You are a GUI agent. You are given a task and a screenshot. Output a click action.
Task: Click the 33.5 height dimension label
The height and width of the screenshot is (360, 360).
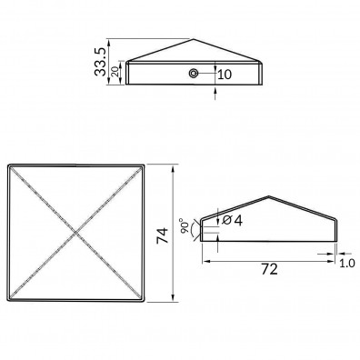click(100, 62)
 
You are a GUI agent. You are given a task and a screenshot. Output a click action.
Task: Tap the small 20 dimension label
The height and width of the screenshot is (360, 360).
click(115, 72)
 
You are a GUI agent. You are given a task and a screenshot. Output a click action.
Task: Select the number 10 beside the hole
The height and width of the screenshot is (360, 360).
click(225, 75)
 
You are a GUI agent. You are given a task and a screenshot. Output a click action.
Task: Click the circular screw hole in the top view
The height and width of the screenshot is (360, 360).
click(193, 73)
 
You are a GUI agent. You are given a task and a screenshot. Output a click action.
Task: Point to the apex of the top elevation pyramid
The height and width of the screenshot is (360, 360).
click(194, 39)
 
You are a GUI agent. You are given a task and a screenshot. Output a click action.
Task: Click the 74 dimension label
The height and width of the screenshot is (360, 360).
click(163, 235)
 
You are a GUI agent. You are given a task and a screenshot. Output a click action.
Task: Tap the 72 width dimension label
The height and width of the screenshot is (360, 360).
click(269, 269)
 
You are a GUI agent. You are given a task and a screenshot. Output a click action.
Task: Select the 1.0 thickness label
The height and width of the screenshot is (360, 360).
click(346, 264)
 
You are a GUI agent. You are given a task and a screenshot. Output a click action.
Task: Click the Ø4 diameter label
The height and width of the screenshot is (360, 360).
click(232, 220)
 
